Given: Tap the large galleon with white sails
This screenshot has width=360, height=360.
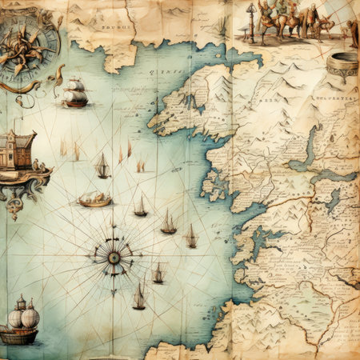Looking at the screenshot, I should click(x=74, y=93).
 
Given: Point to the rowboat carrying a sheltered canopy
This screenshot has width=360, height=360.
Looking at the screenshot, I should click(x=94, y=199).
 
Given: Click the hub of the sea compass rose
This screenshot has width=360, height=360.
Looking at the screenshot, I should click(x=114, y=257).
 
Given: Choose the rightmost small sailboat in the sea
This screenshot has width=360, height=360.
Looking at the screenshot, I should click(x=191, y=237).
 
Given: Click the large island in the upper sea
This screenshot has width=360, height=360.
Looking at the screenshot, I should click(x=192, y=102).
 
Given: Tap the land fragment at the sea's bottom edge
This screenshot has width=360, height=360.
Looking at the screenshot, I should click(x=172, y=350).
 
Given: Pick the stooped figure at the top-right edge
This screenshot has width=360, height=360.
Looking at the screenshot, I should click(x=352, y=32).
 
